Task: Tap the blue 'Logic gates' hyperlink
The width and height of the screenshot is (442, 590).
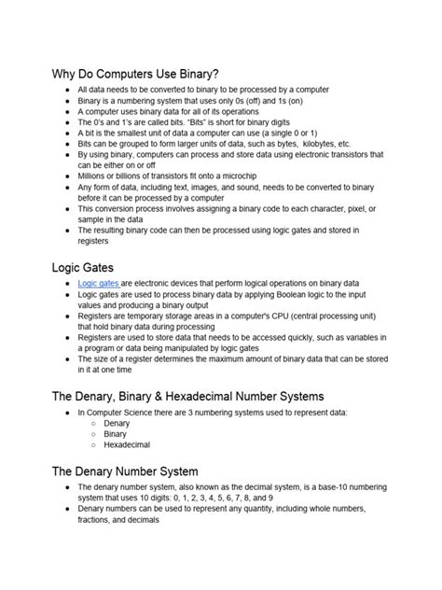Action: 99,283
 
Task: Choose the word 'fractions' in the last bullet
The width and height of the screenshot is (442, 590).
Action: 96,521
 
